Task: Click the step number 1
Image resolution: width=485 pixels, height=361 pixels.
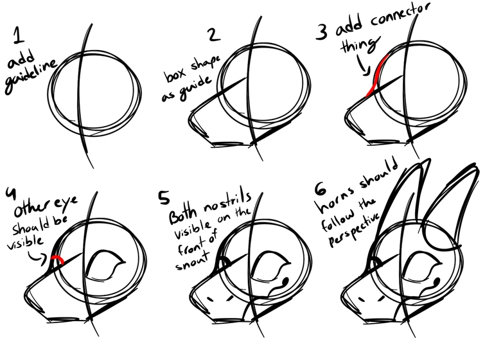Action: coord(18,35)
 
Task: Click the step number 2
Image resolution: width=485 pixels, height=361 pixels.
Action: coord(215,34)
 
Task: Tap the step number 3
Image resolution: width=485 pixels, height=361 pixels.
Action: coord(322,32)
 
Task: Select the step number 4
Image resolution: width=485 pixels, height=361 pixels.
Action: coord(11,193)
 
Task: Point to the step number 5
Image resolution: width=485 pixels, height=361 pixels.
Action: coord(164,198)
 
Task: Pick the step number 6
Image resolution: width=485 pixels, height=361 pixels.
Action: coord(321,189)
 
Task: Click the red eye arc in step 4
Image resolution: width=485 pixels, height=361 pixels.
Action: coord(57,260)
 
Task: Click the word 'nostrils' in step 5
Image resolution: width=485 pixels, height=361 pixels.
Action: coord(227,202)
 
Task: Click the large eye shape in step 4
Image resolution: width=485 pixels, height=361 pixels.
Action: coord(105,265)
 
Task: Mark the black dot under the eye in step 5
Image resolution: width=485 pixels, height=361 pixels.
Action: coord(285,281)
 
